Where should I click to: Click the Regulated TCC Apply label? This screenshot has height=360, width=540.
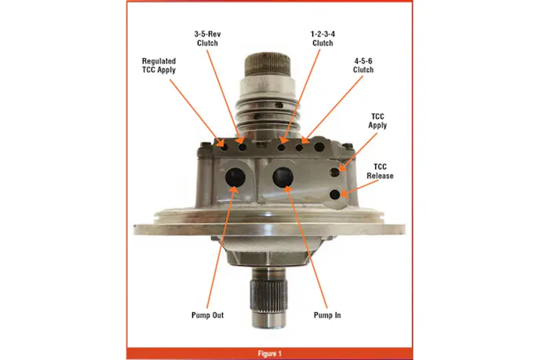coord(159,65)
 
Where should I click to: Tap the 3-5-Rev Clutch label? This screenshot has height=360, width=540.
coord(207,38)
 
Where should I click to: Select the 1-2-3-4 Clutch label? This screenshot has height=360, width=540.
coord(323,38)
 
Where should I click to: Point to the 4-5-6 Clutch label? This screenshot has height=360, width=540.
coord(363,65)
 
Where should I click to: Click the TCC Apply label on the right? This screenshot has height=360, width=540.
coord(378,121)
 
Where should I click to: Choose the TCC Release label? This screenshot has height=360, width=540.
coord(380,171)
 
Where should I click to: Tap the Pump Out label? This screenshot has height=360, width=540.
coord(207,315)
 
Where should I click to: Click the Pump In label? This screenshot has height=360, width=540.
coord(327,315)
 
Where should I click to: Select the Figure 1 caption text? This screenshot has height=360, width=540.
coord(270,354)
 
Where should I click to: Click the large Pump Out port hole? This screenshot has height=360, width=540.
coord(235,177)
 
